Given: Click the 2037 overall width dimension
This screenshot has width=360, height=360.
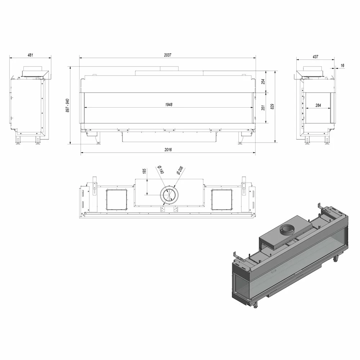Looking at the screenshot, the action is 168,55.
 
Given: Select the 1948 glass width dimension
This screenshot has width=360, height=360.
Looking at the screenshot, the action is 169,105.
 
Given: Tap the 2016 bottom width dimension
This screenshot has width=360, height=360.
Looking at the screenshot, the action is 168,150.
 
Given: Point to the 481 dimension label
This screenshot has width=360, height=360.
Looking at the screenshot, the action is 30,55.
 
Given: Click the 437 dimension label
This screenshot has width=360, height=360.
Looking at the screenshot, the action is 315,57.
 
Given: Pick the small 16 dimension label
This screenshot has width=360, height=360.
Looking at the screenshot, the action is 342,66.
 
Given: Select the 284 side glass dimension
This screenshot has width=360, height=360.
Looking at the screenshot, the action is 318,105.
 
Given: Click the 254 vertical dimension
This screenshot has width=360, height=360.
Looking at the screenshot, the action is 264,81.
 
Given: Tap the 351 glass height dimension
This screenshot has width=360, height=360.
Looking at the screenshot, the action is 264,108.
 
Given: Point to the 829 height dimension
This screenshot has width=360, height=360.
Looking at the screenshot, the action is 272,107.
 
